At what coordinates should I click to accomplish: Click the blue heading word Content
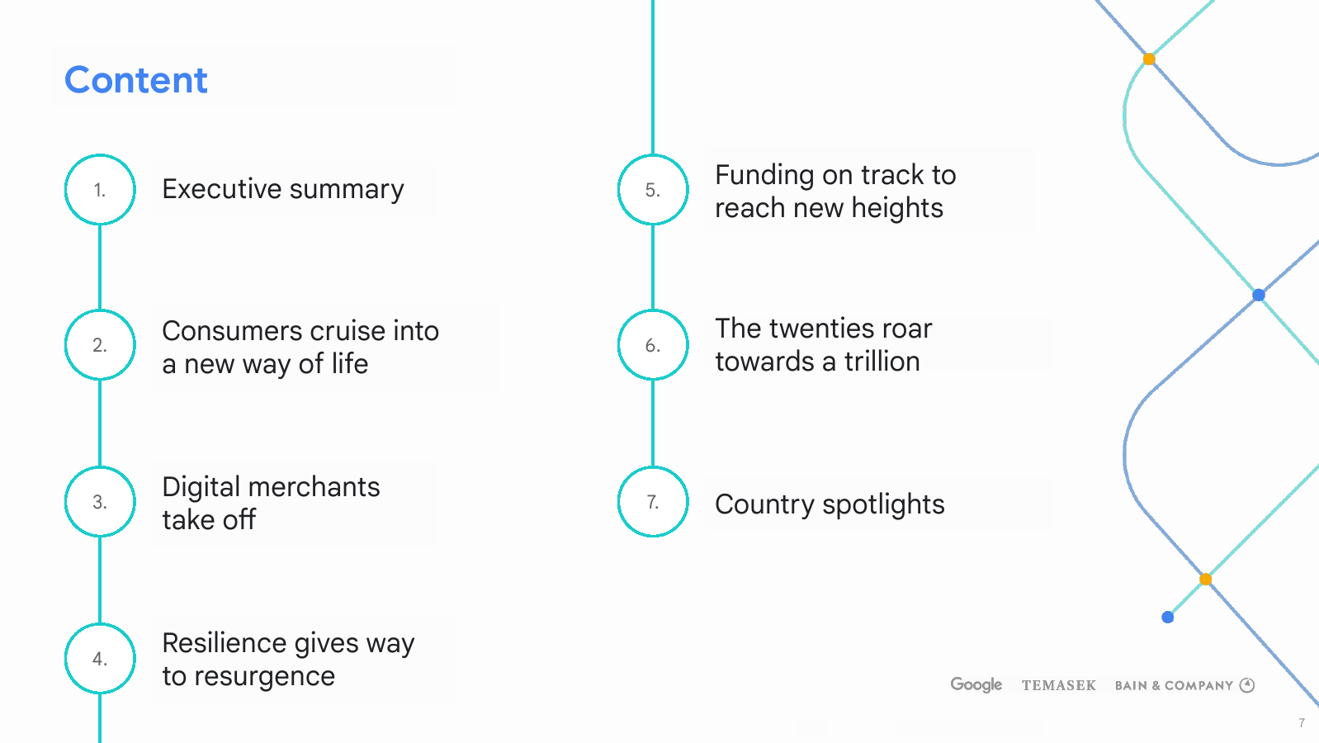[x=136, y=80]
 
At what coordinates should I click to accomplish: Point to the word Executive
[x=222, y=189]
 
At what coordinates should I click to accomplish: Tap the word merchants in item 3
[x=314, y=487]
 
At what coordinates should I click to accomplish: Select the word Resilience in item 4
[x=225, y=643]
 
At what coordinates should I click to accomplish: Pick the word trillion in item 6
[x=882, y=361]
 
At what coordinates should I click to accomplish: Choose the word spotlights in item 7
[x=883, y=505]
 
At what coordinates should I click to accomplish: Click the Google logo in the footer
[x=976, y=684]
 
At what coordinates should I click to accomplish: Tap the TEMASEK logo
[x=1059, y=685]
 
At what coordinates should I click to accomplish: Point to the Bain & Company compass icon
[x=1247, y=684]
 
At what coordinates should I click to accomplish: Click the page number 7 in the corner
[x=1302, y=722]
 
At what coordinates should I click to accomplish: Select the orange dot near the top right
[x=1149, y=59]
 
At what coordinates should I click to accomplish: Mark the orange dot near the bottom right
[x=1205, y=580]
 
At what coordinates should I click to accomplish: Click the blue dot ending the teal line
[x=1168, y=617]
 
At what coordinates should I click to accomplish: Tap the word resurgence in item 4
[x=264, y=676]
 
